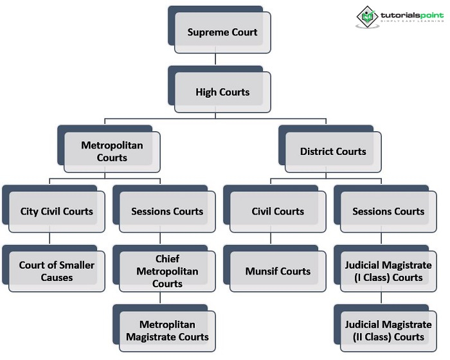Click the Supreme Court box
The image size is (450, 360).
pos(222,32)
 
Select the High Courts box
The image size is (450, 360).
pos(222,92)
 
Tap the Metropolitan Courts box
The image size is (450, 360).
pos(112,152)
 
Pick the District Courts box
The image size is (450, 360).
pos(333,152)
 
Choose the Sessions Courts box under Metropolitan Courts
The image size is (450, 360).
pos(166,211)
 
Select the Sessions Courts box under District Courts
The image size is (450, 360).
pos(388,211)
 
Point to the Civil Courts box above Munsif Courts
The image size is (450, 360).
pos(278,211)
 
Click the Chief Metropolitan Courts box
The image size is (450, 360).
pos(166,271)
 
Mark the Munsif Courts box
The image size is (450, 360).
pos(278,271)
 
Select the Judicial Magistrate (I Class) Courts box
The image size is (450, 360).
pos(388,271)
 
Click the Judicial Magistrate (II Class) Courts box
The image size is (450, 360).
pos(388,330)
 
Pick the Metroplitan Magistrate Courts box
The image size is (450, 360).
pos(166,330)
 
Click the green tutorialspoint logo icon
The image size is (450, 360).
pos(366,15)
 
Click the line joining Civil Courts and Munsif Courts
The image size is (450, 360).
pos(271,238)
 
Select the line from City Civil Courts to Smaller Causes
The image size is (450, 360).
pos(50,238)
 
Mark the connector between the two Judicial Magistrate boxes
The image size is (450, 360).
pos(382,297)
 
